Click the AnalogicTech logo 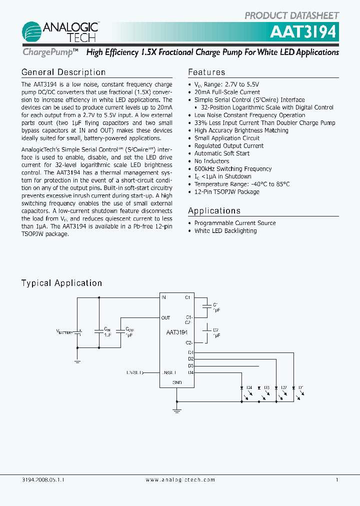tap(60, 30)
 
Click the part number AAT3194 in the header tap(304, 31)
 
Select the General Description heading tap(63, 72)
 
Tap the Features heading tap(206, 72)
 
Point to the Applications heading tap(214, 211)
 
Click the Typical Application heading tap(61, 283)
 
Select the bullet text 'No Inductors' tap(212, 161)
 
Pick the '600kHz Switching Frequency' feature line tap(233, 169)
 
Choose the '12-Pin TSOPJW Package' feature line tap(227, 192)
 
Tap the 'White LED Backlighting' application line tap(225, 231)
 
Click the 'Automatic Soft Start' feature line tap(222, 153)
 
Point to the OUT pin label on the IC tap(166, 318)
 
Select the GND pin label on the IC tap(177, 382)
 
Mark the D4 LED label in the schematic tap(249, 387)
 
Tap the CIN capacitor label tap(106, 329)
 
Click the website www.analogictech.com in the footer tap(180, 479)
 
